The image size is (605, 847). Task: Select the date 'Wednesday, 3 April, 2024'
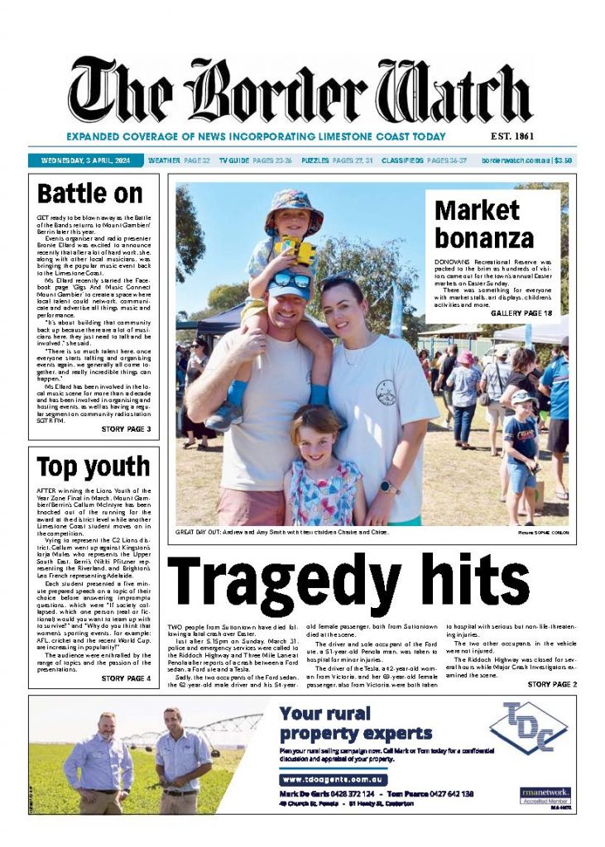[x=85, y=160]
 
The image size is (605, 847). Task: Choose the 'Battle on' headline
[x=90, y=194]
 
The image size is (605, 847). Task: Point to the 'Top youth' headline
[x=93, y=467]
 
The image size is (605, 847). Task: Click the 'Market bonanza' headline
[x=484, y=224]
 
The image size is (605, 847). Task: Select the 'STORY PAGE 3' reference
[x=126, y=429]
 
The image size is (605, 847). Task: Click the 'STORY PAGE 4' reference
[x=126, y=678]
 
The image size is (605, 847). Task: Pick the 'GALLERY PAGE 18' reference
[x=521, y=313]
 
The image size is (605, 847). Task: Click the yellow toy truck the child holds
[x=295, y=250]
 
